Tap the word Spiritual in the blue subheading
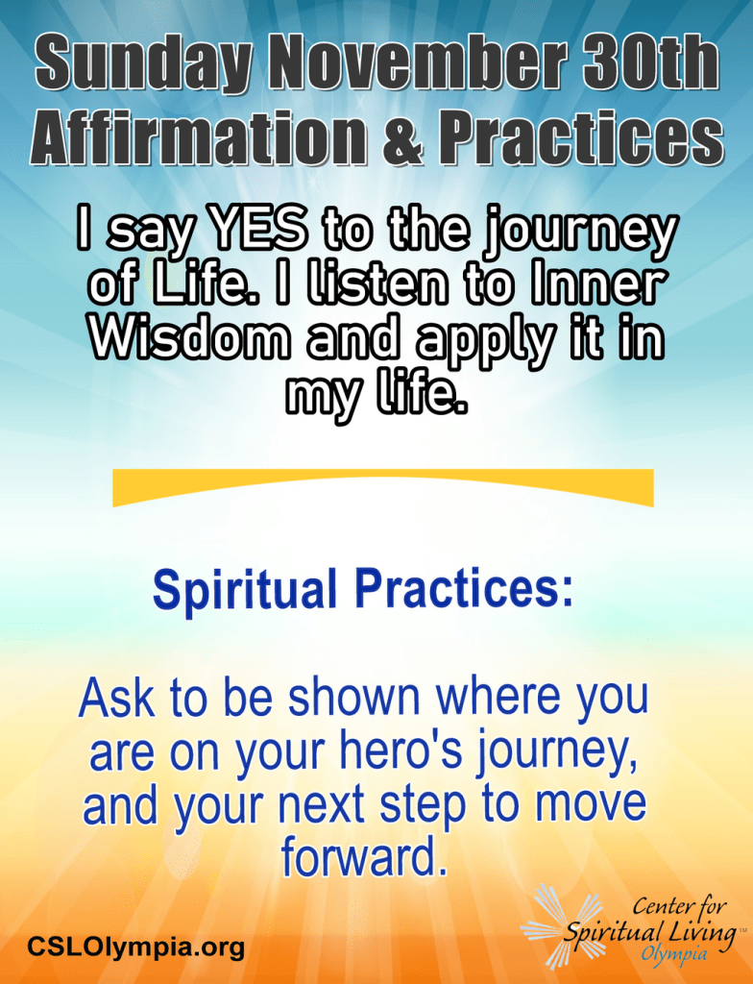(244, 591)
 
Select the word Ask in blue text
(117, 698)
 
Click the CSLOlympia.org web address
(135, 946)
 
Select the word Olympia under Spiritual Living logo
(673, 954)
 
